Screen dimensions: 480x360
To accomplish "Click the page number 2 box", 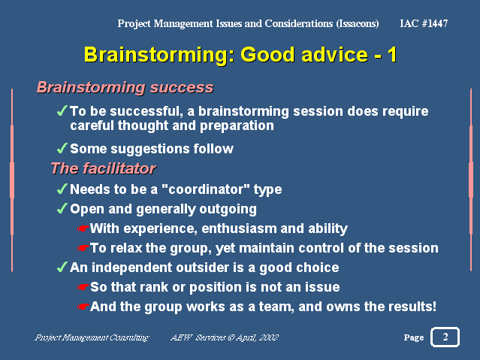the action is pyautogui.click(x=445, y=337).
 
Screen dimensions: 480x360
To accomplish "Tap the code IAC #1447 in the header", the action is pyautogui.click(x=424, y=23).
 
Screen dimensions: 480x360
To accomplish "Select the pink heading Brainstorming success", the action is pyautogui.click(x=125, y=88).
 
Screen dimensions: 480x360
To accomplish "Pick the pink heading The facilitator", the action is pyautogui.click(x=103, y=168).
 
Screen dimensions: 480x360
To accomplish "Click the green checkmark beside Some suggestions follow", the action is pyautogui.click(x=62, y=148).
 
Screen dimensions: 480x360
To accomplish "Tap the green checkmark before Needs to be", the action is pyautogui.click(x=62, y=189).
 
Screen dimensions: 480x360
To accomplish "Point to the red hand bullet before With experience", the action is pyautogui.click(x=83, y=228).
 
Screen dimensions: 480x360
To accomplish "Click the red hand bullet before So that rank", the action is pyautogui.click(x=83, y=287).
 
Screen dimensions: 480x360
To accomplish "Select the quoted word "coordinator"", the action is pyautogui.click(x=205, y=189).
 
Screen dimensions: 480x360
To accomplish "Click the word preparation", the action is pyautogui.click(x=237, y=126).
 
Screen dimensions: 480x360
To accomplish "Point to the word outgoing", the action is pyautogui.click(x=228, y=210).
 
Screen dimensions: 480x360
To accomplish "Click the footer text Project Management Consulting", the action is pyautogui.click(x=92, y=337).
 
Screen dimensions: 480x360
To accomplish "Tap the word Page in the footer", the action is pyautogui.click(x=414, y=337).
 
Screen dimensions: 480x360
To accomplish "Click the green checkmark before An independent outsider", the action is pyautogui.click(x=62, y=267).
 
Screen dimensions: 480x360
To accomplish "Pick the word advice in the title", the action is pyautogui.click(x=334, y=55).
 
